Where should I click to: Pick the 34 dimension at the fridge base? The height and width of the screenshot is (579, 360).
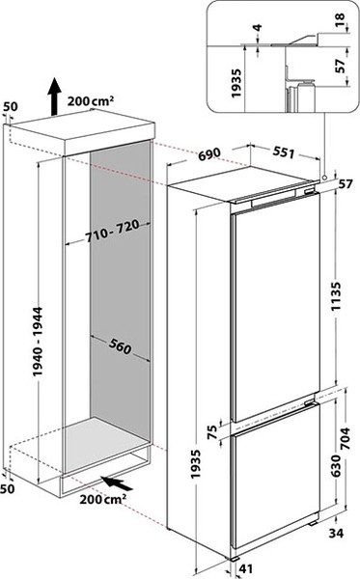click(338, 531)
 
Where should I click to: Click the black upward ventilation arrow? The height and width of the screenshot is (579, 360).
click(54, 97)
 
